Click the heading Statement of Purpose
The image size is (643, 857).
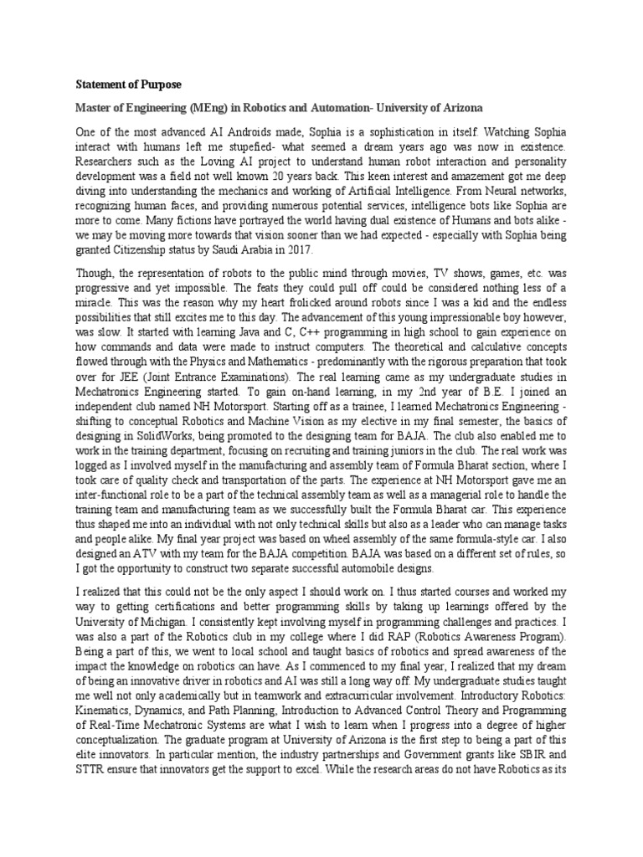tap(128, 85)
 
